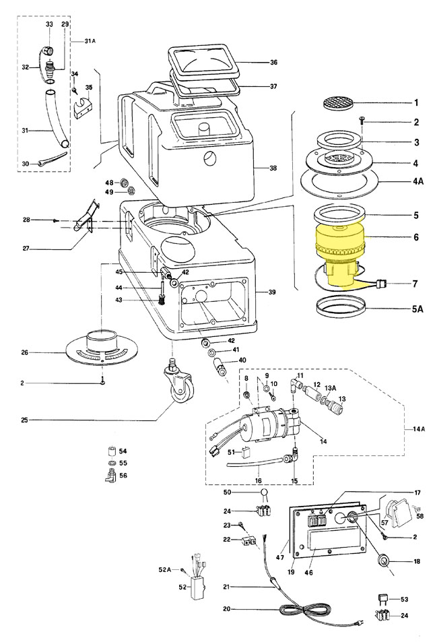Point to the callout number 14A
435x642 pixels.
(x=417, y=430)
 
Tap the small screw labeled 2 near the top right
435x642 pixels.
(x=362, y=121)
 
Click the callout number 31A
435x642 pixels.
(x=91, y=41)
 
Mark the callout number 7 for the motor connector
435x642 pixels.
(x=416, y=284)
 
